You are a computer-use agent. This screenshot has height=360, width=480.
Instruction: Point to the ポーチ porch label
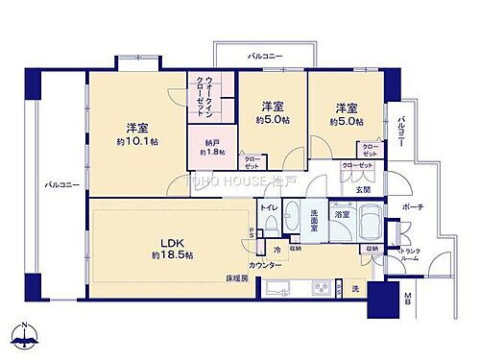(x=414, y=207)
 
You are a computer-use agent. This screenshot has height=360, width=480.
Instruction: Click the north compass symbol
(x=24, y=335)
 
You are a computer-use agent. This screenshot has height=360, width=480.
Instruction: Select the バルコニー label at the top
(x=264, y=58)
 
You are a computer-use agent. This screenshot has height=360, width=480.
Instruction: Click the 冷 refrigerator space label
(x=277, y=251)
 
